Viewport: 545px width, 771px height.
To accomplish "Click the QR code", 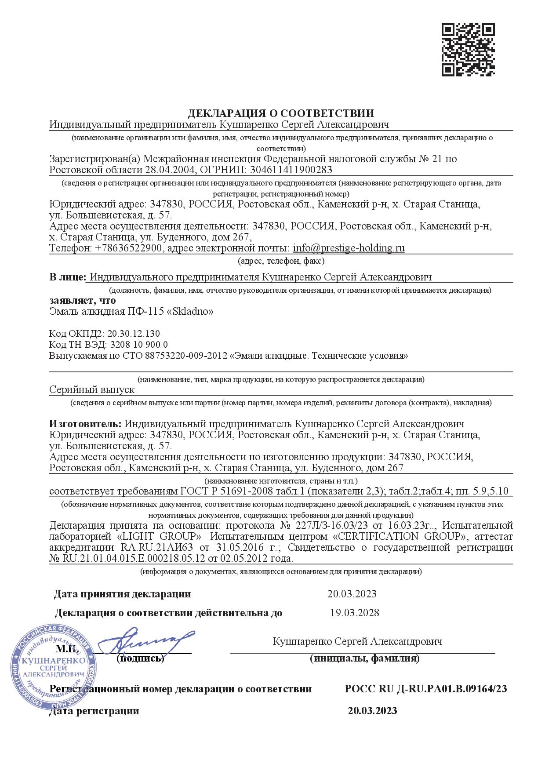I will click(x=469, y=50).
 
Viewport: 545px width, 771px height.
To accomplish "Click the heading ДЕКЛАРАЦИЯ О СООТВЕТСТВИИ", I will click(x=281, y=113).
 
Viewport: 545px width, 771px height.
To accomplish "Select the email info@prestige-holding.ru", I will click(x=349, y=248).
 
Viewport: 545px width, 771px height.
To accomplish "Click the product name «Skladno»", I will click(x=193, y=312).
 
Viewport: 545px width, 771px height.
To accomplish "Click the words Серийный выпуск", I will click(x=92, y=389).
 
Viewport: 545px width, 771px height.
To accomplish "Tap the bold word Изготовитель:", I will click(x=85, y=424).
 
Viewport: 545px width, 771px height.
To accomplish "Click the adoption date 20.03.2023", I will click(x=352, y=594).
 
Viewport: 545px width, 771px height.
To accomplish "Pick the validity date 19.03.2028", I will click(x=354, y=612).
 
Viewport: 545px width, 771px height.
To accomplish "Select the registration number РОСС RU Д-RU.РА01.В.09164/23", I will click(x=426, y=689).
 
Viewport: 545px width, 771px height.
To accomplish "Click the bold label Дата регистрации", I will click(x=94, y=711).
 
